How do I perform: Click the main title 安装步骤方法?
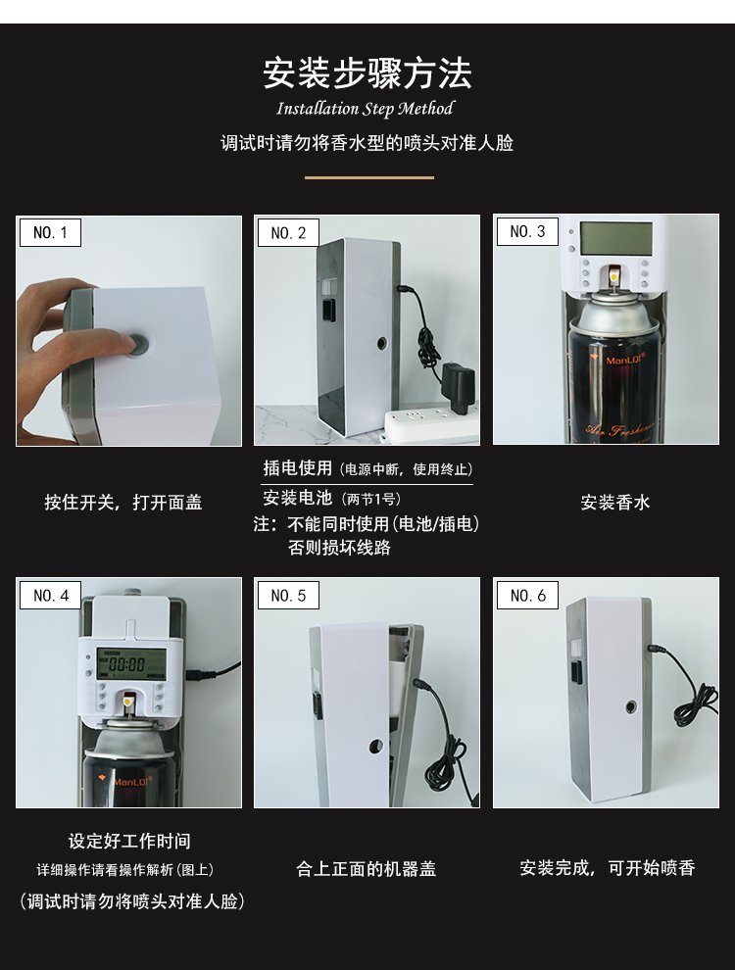[367, 73]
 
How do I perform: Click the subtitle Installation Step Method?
[365, 109]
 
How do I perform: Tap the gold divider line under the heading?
[368, 177]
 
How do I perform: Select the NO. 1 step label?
[50, 232]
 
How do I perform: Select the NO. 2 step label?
[288, 232]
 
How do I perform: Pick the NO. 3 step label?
[527, 231]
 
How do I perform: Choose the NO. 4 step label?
[50, 595]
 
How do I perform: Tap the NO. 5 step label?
[288, 595]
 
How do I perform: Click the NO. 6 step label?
[527, 595]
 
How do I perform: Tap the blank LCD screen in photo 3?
[615, 237]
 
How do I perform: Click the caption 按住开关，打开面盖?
[122, 502]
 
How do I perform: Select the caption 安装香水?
[614, 502]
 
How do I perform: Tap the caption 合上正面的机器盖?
[367, 868]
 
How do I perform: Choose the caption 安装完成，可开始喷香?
[607, 868]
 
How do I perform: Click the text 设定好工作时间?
[129, 841]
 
